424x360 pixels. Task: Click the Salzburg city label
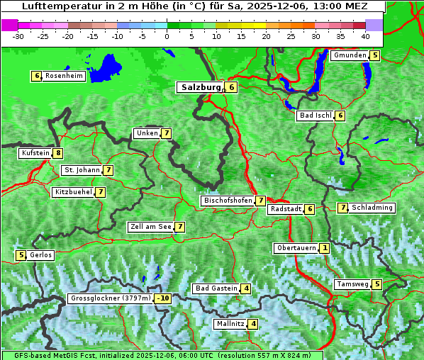201,87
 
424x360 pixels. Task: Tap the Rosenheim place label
64,76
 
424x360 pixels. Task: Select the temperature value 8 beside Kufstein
57,153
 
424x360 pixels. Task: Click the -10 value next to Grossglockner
163,298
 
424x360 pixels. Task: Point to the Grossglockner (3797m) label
111,298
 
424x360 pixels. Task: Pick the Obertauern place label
295,248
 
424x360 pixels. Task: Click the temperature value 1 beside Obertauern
324,248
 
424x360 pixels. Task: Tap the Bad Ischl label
315,116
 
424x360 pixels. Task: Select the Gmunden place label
350,55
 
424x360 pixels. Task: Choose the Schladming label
372,208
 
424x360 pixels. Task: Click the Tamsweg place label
352,284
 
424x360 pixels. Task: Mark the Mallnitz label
230,324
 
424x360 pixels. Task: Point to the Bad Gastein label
216,288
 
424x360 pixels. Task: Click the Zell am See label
150,227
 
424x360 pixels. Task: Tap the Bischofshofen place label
228,201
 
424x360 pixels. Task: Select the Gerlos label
41,255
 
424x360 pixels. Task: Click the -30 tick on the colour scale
18,35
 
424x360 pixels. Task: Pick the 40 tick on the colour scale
364,35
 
